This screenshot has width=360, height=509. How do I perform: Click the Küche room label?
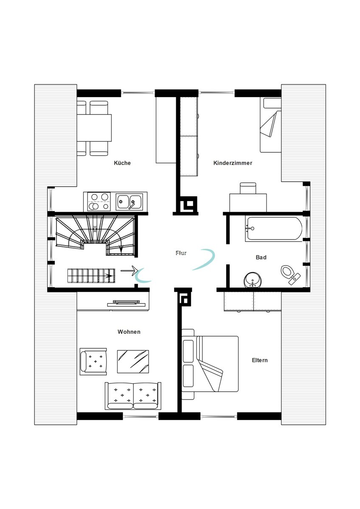point(122,163)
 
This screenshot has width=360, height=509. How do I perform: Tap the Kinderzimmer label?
point(233,163)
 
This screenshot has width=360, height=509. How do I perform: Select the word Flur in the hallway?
point(181,253)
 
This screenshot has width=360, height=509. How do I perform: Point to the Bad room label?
point(261,257)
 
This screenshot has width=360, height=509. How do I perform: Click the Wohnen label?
point(129,332)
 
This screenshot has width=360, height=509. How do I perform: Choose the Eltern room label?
point(260,360)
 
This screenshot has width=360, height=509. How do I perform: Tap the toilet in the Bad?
point(290,275)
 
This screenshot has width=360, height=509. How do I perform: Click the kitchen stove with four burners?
point(99,201)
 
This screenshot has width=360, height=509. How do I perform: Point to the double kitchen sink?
point(129,201)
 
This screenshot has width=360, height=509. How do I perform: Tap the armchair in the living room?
point(93,362)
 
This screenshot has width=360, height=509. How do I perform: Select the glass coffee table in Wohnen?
point(133,361)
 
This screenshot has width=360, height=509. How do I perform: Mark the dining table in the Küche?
point(94,128)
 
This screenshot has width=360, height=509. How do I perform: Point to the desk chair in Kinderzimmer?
point(248,188)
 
